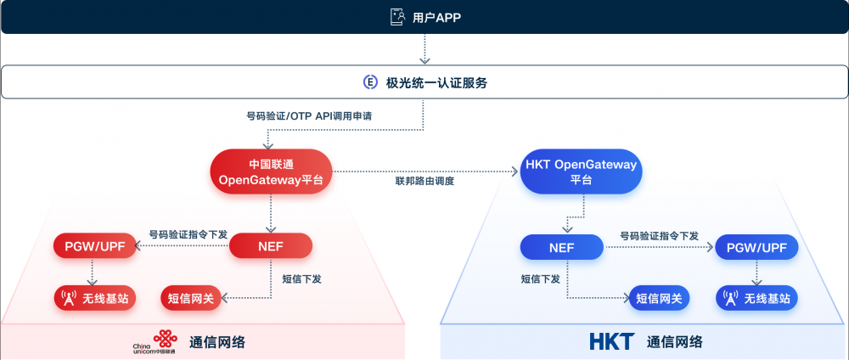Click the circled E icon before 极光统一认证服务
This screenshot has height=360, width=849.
pyautogui.click(x=370, y=82)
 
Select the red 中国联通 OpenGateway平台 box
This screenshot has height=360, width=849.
pyautogui.click(x=271, y=171)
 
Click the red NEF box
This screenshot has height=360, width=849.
pyautogui.click(x=271, y=246)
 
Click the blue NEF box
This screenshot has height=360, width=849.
pyautogui.click(x=561, y=248)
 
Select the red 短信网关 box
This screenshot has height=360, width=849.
pyautogui.click(x=191, y=297)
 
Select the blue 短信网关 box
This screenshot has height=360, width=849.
pyautogui.click(x=659, y=298)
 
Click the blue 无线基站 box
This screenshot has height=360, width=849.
pyautogui.click(x=756, y=298)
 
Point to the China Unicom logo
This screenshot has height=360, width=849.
pyautogui.click(x=155, y=342)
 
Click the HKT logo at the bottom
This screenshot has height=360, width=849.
pyautogui.click(x=611, y=341)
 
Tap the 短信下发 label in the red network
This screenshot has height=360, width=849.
pyautogui.click(x=301, y=278)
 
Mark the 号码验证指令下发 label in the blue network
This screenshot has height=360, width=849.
pyautogui.click(x=659, y=235)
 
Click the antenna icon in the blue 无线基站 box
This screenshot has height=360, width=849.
pyautogui.click(x=729, y=298)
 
